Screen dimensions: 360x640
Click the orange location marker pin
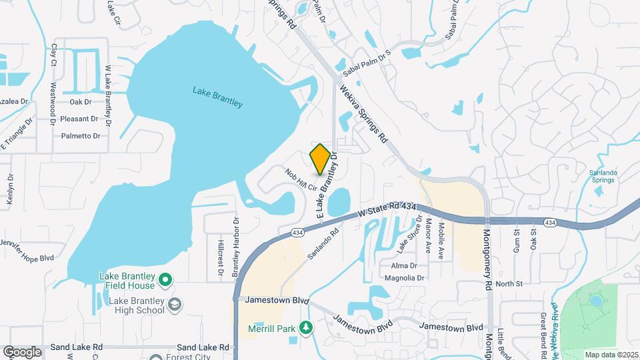tap(320, 159)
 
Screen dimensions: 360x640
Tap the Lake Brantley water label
tap(217, 97)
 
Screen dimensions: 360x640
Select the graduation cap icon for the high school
tap(174, 305)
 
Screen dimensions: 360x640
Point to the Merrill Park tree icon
tap(305, 327)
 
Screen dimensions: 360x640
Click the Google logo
tap(22, 351)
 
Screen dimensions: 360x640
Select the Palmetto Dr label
tap(81, 136)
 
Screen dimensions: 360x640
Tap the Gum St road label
tap(517, 241)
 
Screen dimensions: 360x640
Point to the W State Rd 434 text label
tap(386, 210)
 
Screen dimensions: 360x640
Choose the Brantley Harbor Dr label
tap(235, 247)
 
